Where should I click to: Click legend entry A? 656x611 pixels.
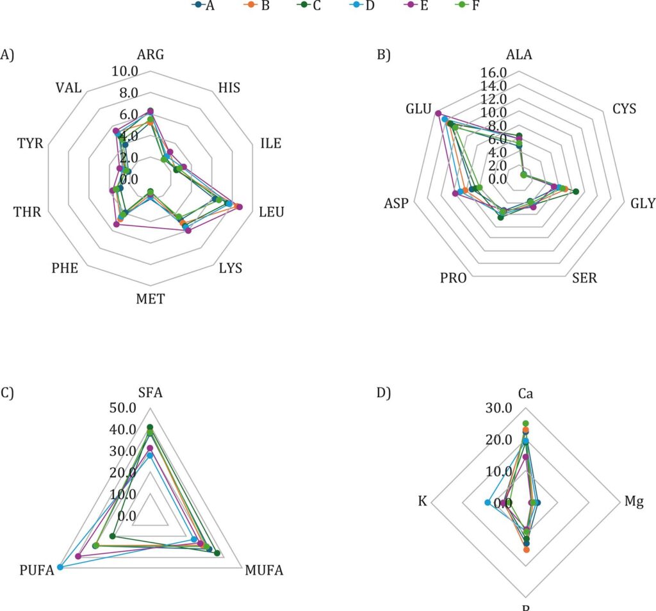tap(206, 6)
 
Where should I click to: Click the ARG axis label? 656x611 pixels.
tap(151, 54)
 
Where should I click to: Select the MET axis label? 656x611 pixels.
tap(150, 298)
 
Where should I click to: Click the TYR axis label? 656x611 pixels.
tap(31, 143)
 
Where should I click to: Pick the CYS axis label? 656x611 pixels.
tap(624, 108)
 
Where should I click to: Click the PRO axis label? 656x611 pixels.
tap(454, 279)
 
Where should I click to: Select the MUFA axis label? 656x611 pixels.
tap(262, 569)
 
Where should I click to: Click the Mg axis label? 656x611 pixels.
tap(635, 501)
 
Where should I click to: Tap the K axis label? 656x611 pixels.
tap(423, 501)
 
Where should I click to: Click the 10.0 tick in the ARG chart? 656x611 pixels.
tap(124, 71)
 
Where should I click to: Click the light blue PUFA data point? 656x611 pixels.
tap(60, 567)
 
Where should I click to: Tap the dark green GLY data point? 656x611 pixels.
tap(575, 191)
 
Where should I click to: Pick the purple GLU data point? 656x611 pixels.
tap(438, 114)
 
